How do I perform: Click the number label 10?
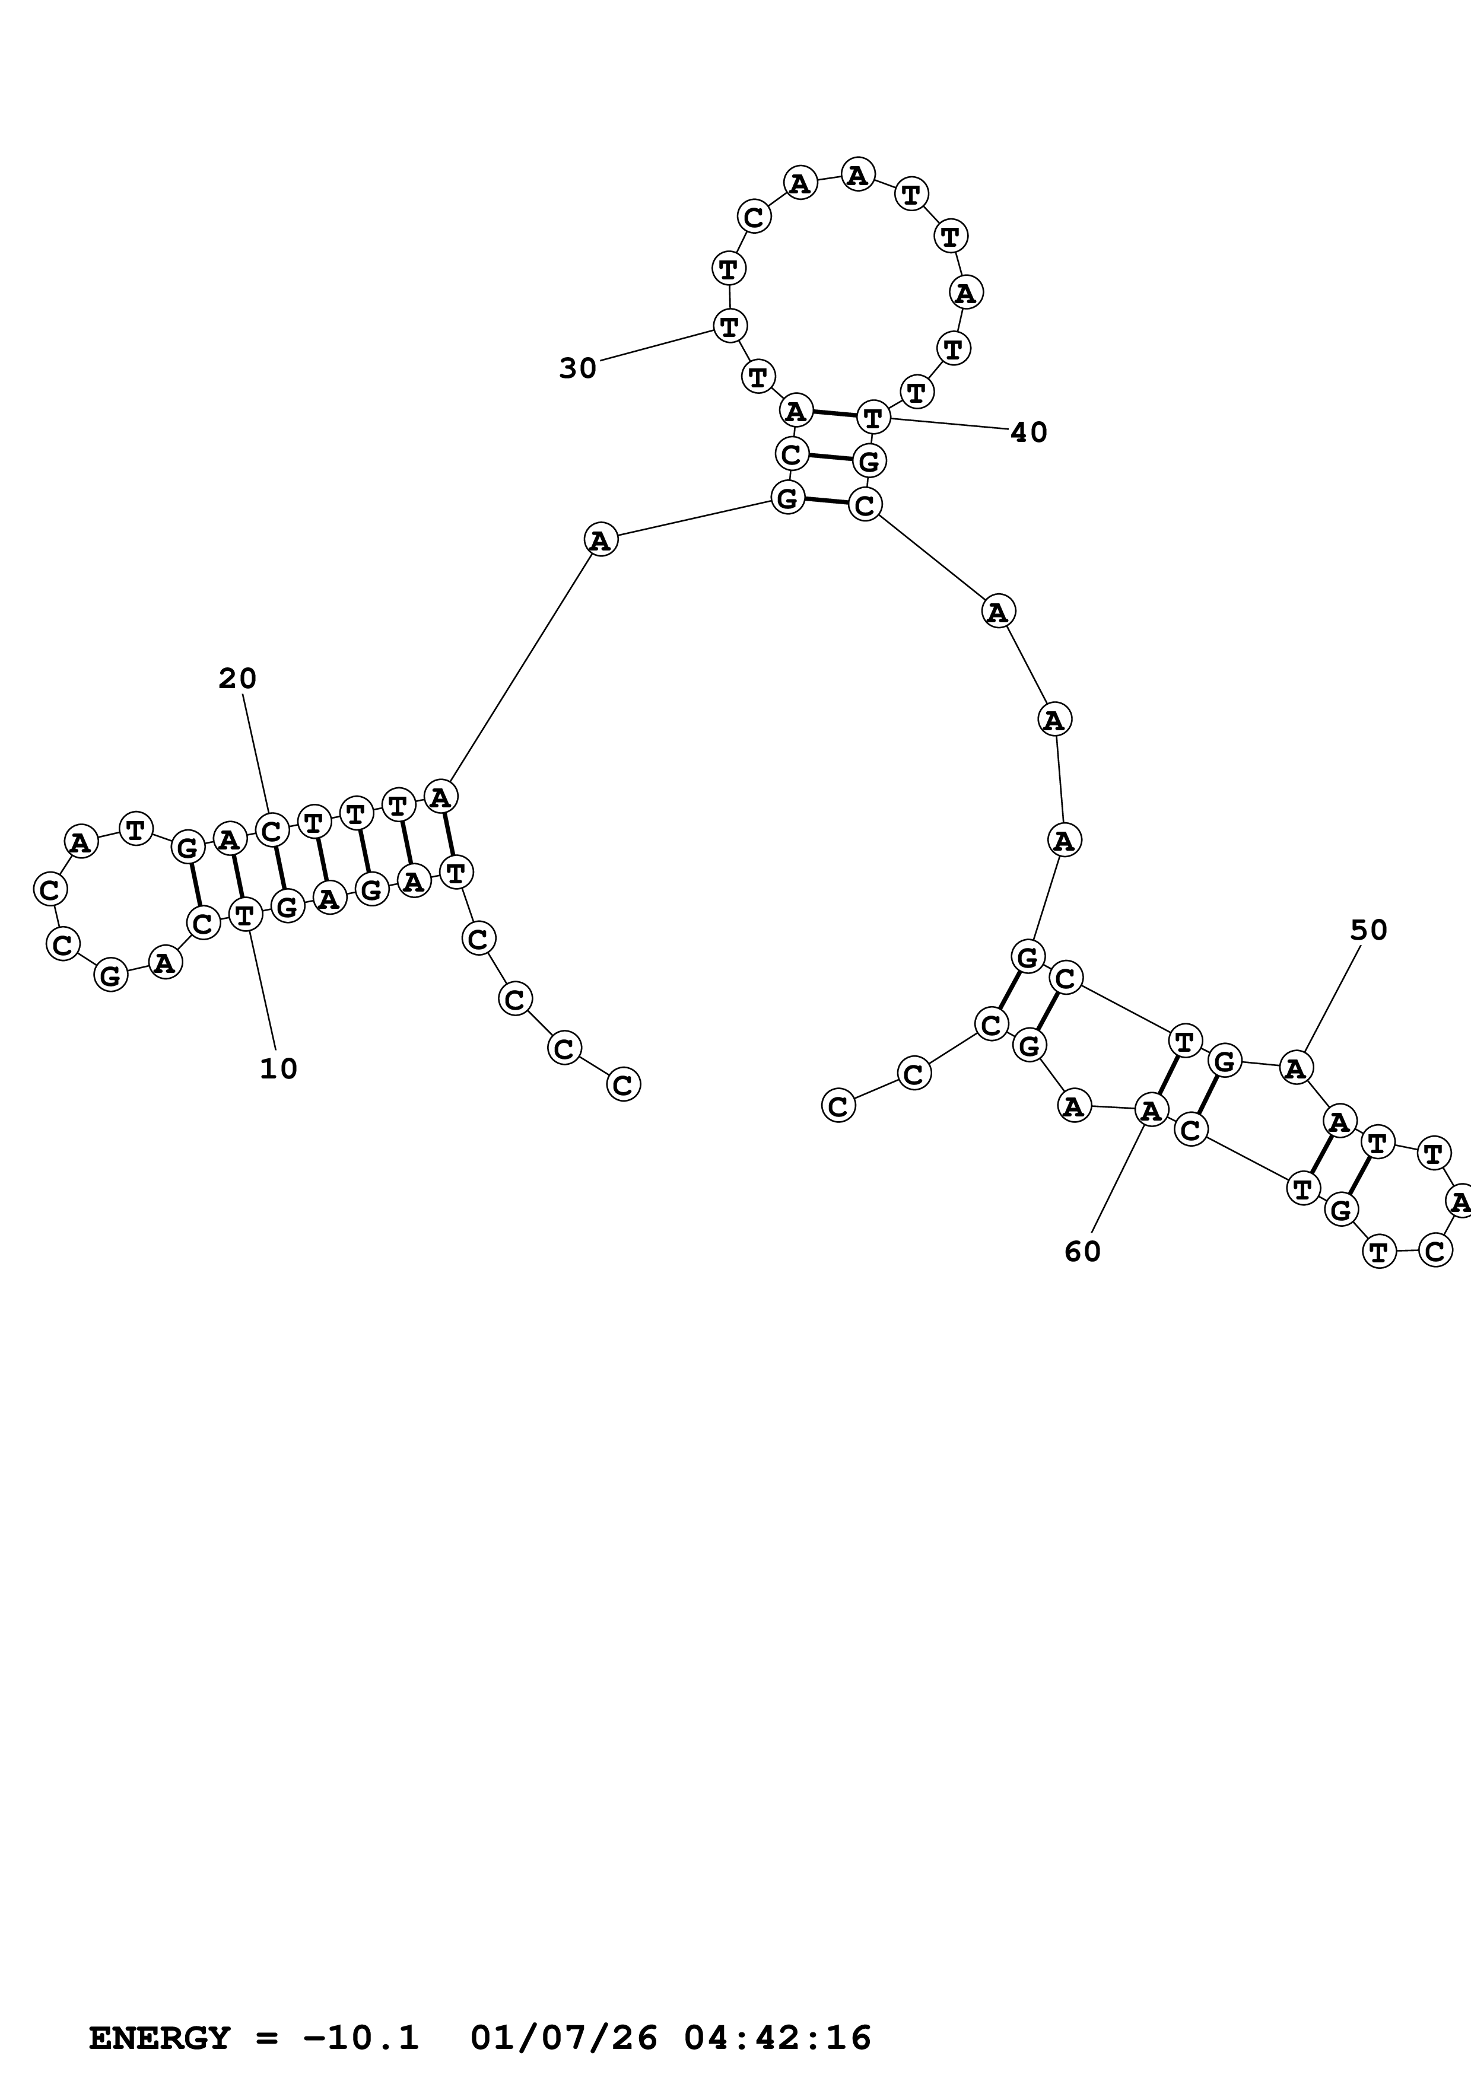(278, 1070)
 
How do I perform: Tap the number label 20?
(237, 679)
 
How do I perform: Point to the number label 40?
(1029, 432)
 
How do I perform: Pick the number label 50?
(1368, 930)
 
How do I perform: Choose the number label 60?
(1082, 1252)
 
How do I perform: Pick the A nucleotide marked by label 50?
(1296, 1068)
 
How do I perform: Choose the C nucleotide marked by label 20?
(271, 829)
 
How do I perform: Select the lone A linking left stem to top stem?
(600, 540)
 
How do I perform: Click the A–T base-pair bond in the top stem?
(834, 414)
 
